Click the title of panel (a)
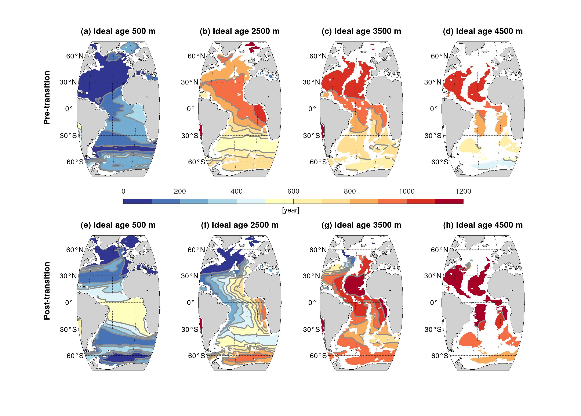(118, 31)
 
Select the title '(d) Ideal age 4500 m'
(483, 31)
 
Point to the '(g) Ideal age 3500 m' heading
(361, 225)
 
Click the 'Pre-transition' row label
(47, 98)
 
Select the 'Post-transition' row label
(47, 291)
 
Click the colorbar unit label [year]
(290, 210)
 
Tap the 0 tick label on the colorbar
(123, 191)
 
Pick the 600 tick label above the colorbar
(293, 191)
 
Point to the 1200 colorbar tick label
(463, 191)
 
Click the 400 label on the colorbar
(236, 191)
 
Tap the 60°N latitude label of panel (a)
(75, 56)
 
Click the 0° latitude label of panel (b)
(190, 109)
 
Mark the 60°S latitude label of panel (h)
(439, 356)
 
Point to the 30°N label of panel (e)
(68, 276)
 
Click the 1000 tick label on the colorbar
(406, 191)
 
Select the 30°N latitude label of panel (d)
(433, 82)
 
